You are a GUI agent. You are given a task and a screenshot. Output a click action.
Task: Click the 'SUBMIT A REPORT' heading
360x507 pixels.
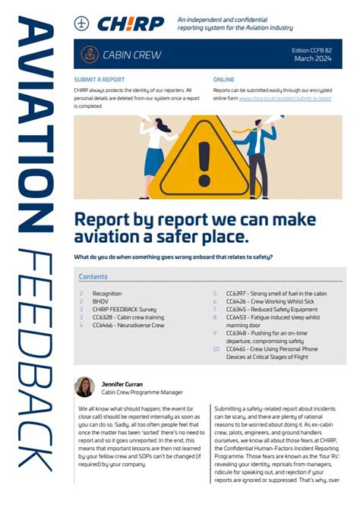pos(100,79)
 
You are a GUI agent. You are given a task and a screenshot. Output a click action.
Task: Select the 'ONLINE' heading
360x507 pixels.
pos(224,79)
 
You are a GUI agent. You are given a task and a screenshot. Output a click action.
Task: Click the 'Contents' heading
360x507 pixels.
pos(93,277)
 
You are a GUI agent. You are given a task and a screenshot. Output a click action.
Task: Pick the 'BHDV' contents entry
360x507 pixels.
pos(101,301)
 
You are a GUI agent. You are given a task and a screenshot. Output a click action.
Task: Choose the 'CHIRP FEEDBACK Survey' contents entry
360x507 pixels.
pos(125,309)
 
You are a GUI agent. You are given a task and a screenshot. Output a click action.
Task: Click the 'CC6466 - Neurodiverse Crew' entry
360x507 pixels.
pos(128,325)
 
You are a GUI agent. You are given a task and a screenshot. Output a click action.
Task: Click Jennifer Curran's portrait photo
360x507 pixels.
pos(84,387)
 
